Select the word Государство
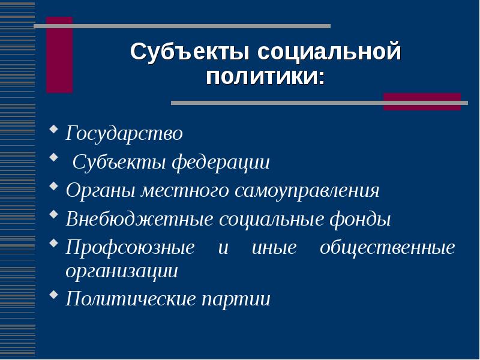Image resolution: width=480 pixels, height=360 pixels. pos(124,133)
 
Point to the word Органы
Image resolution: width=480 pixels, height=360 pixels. pos(101,191)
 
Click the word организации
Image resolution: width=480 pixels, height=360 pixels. pos(122,271)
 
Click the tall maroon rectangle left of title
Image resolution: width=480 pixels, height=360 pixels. pos(59,55)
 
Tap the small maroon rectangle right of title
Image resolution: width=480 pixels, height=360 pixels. pos(422,101)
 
